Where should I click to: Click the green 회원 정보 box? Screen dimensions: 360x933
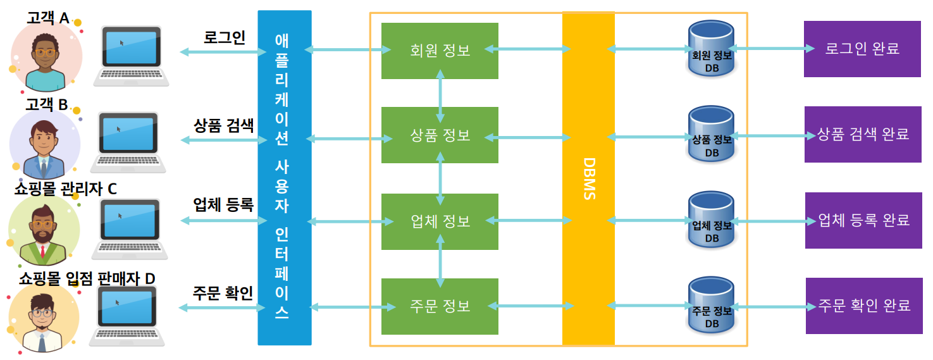point(440,51)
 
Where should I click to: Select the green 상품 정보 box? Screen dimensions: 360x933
point(440,135)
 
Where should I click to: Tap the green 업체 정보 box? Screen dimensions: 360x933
point(440,221)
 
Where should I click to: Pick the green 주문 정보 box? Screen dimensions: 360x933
point(440,306)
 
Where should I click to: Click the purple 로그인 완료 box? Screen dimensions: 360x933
point(862,49)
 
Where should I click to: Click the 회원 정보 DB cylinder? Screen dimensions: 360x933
point(712,49)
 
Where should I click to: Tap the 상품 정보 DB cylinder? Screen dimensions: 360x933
point(712,135)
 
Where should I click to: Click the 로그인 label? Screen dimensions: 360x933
point(225,37)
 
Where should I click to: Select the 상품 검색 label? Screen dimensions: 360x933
point(223,125)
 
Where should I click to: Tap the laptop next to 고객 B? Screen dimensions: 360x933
point(128,142)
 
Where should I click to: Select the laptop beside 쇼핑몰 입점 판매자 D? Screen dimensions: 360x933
point(127,315)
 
